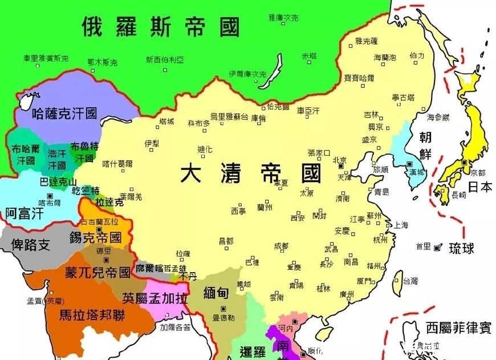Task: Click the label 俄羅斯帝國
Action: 161,26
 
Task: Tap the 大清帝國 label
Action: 251,172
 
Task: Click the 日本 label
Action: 480,187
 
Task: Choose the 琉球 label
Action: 462,249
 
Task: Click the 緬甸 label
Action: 217,293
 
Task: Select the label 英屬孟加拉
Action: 155,297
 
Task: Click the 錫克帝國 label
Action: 95,237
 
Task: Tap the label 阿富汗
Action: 24,213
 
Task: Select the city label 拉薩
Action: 183,253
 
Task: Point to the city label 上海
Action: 401,225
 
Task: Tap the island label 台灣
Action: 410,281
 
